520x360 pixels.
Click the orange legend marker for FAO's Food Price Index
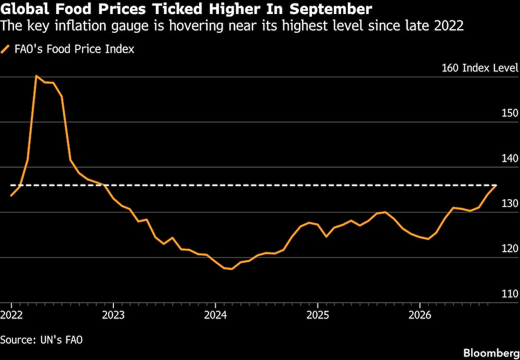[x=6, y=49]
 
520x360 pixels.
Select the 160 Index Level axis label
[x=479, y=68]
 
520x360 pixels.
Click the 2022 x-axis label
[x=11, y=315]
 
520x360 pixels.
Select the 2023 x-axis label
[x=113, y=315]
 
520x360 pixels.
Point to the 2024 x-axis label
[x=215, y=315]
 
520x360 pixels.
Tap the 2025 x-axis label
[x=317, y=315]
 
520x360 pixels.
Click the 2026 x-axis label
[x=420, y=315]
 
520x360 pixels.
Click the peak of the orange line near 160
[x=36, y=76]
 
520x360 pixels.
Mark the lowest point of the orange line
[x=231, y=269]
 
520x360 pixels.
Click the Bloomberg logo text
[x=491, y=352]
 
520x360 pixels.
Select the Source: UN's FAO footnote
[x=42, y=340]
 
